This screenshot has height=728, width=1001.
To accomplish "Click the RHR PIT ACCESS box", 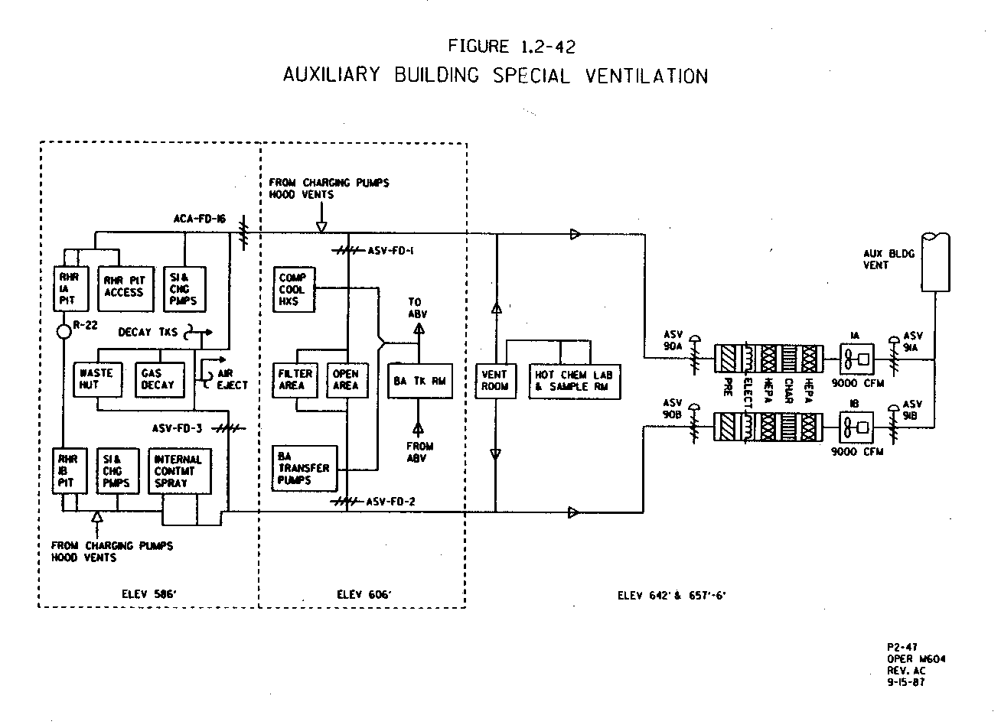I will coord(124,287).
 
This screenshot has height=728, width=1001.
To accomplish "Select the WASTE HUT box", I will coord(96,379).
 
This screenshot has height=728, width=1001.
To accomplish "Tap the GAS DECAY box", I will coord(158,379).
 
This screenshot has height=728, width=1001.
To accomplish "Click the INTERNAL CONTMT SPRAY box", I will coord(178,471).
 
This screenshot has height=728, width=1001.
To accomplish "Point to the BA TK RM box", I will coord(419,380).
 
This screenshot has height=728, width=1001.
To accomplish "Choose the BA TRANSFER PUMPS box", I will coord(305,468).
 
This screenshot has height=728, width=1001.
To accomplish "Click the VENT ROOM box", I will coord(494,380).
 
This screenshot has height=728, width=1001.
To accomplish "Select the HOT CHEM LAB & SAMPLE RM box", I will coord(574,381).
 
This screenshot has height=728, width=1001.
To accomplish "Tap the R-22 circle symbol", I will coord(63,331).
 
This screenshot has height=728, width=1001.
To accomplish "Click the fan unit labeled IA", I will coord(856,358).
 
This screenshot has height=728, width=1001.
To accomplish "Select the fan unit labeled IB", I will coord(856,426).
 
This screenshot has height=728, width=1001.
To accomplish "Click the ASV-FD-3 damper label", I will coord(177,428).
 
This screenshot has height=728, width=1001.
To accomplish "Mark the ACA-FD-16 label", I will coord(199,219).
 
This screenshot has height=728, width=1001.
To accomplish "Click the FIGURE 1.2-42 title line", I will coord(512,46).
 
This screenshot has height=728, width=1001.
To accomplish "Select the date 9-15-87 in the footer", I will coord(905,682).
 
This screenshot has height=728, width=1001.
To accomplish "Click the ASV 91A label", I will coord(913,340).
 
